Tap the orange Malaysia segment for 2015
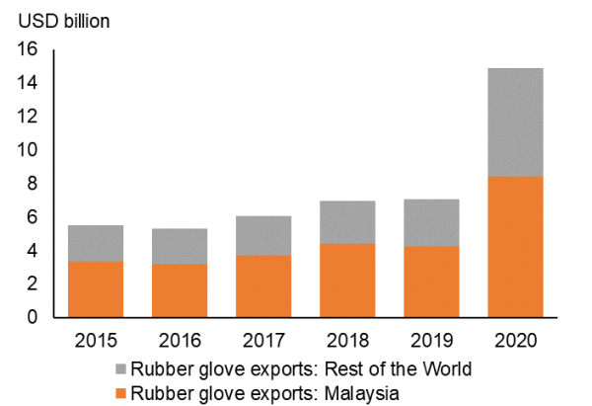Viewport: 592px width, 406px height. pyautogui.click(x=96, y=288)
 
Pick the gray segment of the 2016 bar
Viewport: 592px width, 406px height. pyautogui.click(x=179, y=246)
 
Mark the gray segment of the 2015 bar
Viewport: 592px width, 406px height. pyautogui.click(x=96, y=243)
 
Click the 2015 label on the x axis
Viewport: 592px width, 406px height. pyautogui.click(x=96, y=341)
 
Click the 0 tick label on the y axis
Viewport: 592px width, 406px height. pyautogui.click(x=33, y=318)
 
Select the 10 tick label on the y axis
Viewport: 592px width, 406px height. pyautogui.click(x=28, y=150)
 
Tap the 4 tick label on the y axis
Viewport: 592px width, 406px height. pyautogui.click(x=33, y=251)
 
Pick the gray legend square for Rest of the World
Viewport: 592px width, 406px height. pyautogui.click(x=121, y=369)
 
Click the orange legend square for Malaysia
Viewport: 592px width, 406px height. pyautogui.click(x=121, y=394)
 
